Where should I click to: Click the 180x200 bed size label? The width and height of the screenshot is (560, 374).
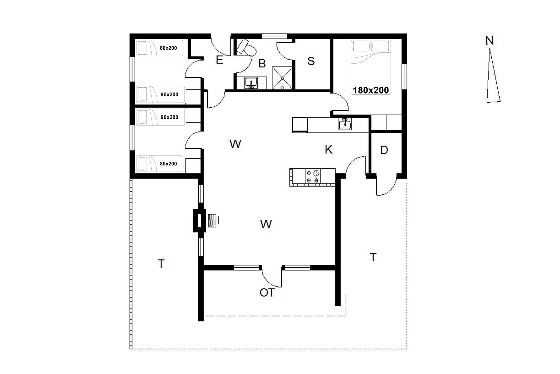coord(371,90)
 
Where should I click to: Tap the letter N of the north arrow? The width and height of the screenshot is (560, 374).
coord(489,41)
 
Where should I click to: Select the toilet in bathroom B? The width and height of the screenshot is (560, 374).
coord(246,47)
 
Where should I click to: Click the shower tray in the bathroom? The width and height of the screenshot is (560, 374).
coord(282,78)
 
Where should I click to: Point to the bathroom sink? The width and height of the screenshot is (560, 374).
coord(251,83)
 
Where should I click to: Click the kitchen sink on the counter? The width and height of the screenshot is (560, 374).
coord(345,124)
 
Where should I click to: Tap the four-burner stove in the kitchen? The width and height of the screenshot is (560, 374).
coord(313,176)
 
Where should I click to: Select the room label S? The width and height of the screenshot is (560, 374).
coord(311,61)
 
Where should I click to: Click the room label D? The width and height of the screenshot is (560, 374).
coord(384,150)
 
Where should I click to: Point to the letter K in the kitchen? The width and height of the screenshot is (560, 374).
coord(328,150)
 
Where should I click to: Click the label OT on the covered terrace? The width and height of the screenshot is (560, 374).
coord(267,292)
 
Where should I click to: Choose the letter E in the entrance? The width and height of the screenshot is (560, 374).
coord(219,60)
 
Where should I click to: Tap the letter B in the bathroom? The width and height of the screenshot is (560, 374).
coord(262,63)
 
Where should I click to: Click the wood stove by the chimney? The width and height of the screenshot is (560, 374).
coord(212,220)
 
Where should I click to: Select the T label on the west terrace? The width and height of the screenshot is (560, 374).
coord(161,264)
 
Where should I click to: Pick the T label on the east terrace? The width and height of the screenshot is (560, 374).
coord(373,257)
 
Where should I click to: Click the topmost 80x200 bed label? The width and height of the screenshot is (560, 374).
coord(168,48)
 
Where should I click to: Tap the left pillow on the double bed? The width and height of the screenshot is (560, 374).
coord(362,46)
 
